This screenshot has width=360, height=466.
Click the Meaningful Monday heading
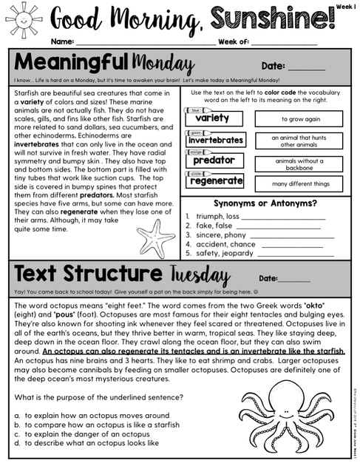coord(103,63)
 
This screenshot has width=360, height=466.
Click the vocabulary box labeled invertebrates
coord(215,140)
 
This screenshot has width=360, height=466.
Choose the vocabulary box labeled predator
coord(214,160)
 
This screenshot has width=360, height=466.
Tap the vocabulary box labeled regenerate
coord(216,180)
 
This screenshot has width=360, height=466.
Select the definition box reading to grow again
coord(299,118)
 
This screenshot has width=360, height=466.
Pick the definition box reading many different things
coord(299,184)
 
